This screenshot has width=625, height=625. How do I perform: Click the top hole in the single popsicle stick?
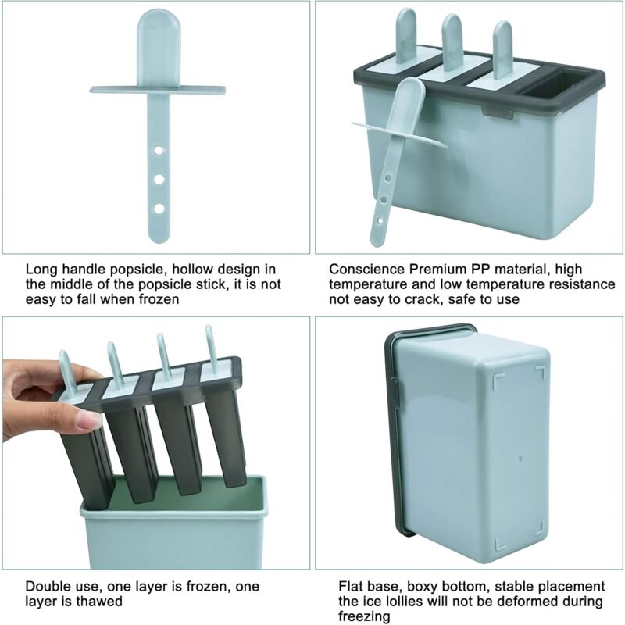coord(158,148)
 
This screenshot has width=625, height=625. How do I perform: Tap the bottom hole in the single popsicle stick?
coord(158,208)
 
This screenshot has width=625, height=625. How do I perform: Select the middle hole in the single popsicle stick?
coord(158,179)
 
